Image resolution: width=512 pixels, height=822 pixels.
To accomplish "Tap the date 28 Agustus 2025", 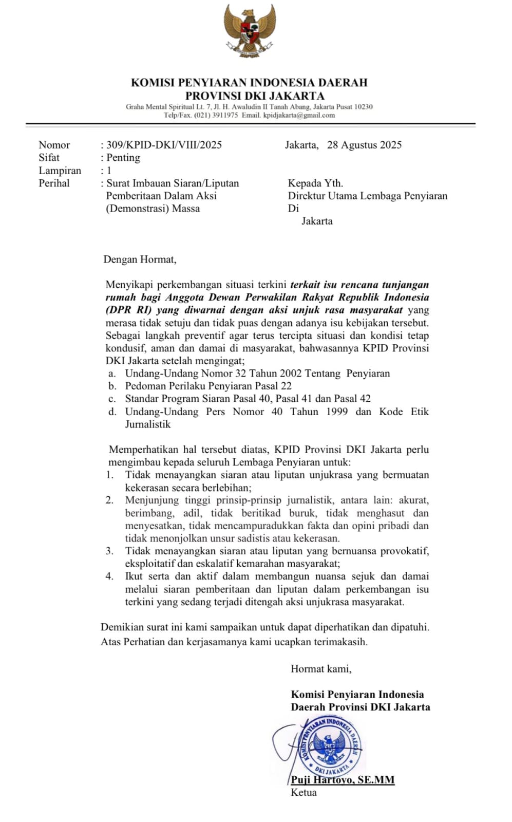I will [364, 145].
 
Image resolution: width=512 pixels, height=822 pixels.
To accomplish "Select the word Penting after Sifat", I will [123, 158].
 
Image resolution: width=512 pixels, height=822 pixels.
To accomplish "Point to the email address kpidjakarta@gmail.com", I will [299, 115].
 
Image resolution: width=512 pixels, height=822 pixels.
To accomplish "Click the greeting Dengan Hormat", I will [140, 259].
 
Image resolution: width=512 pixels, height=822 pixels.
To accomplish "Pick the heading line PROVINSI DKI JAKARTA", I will [255, 96].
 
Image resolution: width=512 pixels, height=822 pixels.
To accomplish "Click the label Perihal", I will [54, 183].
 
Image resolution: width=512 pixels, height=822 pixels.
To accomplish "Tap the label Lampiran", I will [60, 171].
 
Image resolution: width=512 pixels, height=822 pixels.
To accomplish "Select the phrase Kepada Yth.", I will [315, 183].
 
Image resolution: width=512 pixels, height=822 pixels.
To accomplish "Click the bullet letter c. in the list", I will [112, 399].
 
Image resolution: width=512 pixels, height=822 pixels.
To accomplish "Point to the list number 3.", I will [109, 551].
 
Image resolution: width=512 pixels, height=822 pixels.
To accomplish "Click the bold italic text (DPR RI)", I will [126, 310].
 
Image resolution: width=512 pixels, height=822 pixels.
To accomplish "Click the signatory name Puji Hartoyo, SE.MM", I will [343, 780].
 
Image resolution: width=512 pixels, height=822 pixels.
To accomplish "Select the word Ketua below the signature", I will [304, 793].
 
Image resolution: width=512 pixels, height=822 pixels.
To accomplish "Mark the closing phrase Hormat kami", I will [321, 669].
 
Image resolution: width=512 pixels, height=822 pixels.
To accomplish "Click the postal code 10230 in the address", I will [363, 107].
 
